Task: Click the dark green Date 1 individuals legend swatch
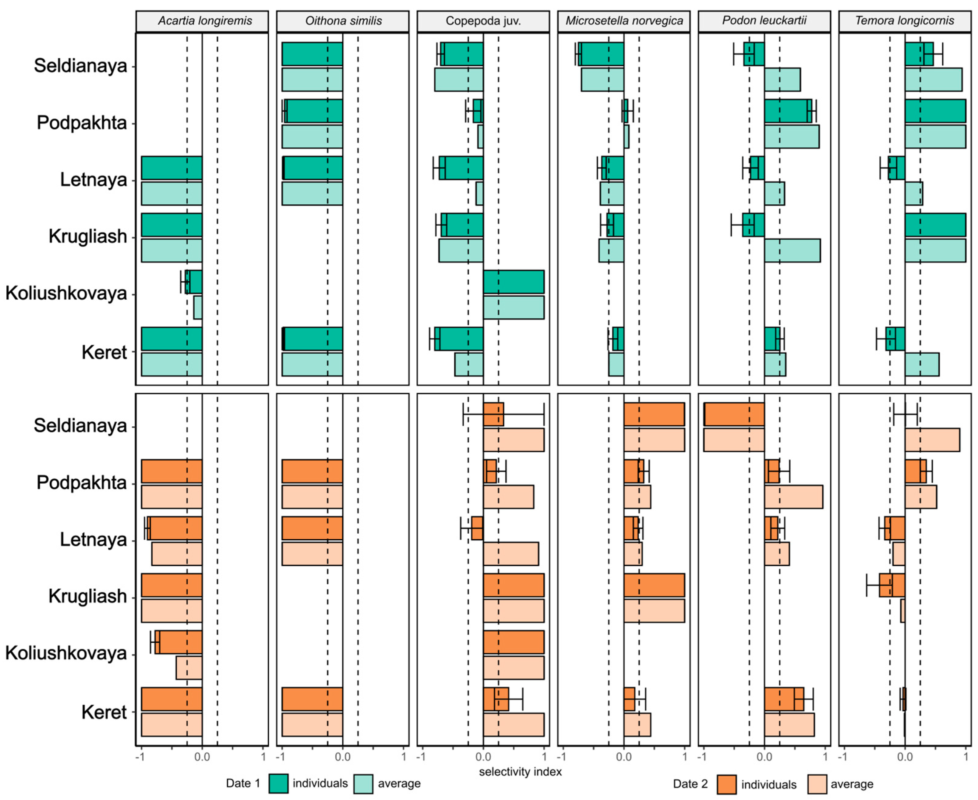tap(278, 784)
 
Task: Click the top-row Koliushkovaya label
tap(66, 293)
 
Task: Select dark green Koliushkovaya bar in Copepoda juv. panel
tap(514, 282)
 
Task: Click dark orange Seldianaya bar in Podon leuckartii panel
tap(734, 414)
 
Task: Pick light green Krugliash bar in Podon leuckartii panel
tap(792, 250)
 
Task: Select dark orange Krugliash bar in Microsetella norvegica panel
tap(654, 585)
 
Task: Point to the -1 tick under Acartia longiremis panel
tap(140, 757)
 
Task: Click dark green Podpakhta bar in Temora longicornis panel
tap(935, 111)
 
